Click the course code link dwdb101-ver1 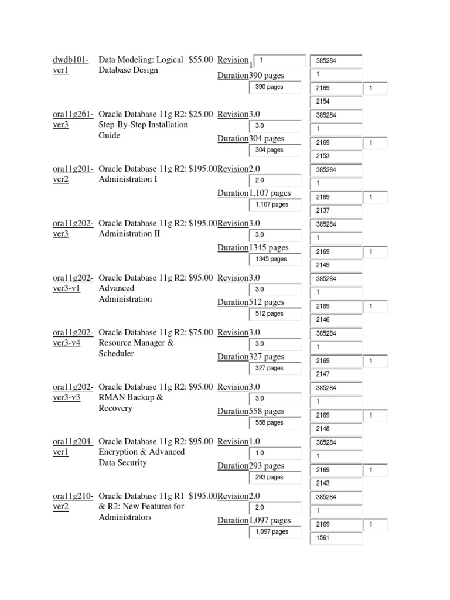click(x=70, y=64)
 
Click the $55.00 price click(x=201, y=60)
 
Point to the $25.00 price click(x=201, y=114)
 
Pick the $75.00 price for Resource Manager click(x=201, y=332)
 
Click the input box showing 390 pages click(x=275, y=87)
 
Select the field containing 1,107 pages click(x=275, y=205)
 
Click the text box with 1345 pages click(x=275, y=259)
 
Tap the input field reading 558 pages click(x=275, y=422)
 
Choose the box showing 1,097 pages click(x=275, y=532)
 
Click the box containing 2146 click(x=336, y=320)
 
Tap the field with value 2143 click(x=336, y=483)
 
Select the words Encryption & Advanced click(x=141, y=452)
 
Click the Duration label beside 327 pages click(x=233, y=357)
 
